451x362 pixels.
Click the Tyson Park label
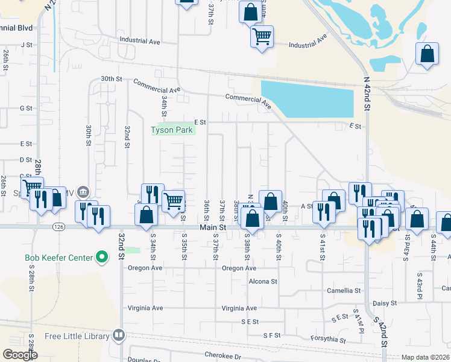coord(171,130)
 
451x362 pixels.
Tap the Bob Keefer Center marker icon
coord(102,258)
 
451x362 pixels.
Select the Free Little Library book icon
coord(119,335)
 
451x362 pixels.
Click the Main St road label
coord(213,228)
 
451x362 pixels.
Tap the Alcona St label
coord(263,281)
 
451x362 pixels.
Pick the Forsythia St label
coord(328,340)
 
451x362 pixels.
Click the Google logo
coord(20,355)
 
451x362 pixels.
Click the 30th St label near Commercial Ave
coord(111,79)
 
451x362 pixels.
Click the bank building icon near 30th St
coord(84,192)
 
